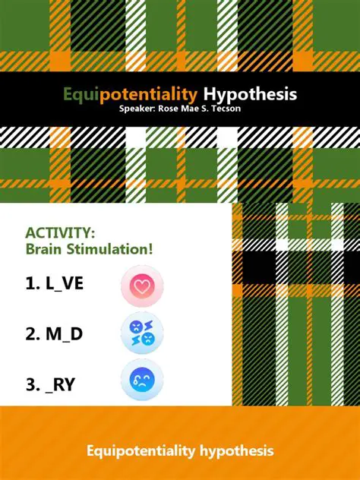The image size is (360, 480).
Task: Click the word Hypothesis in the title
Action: tap(250, 95)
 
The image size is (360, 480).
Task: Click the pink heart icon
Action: tap(141, 286)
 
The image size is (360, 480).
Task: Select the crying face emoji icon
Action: tap(141, 381)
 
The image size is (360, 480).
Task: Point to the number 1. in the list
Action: tap(33, 284)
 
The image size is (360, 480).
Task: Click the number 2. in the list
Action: tap(33, 333)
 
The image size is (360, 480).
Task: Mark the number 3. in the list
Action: tap(33, 384)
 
